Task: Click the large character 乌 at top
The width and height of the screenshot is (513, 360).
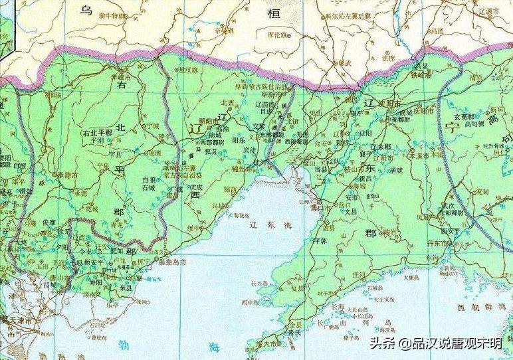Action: pos(86,10)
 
